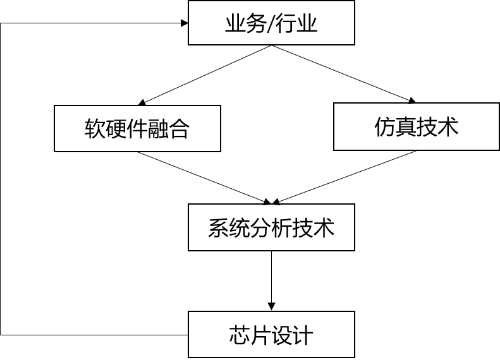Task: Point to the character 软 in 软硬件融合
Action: click(x=94, y=129)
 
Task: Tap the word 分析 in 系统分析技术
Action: click(x=271, y=227)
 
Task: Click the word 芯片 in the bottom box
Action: click(x=249, y=335)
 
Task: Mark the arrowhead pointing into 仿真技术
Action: click(x=413, y=100)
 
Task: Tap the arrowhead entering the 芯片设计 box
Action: click(x=271, y=306)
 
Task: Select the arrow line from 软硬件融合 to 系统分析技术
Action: click(x=202, y=177)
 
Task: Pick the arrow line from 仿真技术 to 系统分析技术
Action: click(x=345, y=177)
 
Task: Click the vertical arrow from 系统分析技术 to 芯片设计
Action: click(x=271, y=278)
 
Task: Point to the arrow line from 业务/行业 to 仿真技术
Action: click(x=341, y=73)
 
